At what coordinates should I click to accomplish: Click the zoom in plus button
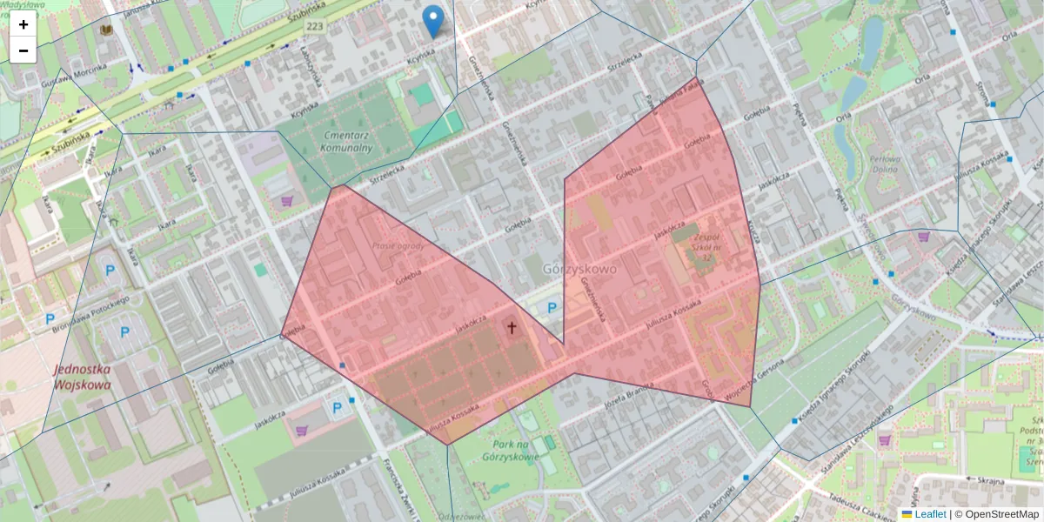[23, 24]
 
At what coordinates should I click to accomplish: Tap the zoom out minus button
[23, 50]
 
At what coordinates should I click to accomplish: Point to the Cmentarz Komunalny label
[348, 142]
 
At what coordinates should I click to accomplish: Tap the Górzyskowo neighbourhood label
[579, 269]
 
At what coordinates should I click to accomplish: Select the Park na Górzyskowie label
[522, 451]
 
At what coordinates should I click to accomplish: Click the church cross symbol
[512, 328]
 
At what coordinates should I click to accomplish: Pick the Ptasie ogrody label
[398, 246]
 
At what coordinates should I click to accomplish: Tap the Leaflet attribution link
[930, 514]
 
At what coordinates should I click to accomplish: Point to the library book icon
[106, 30]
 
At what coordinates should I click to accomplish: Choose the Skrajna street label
[990, 480]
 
